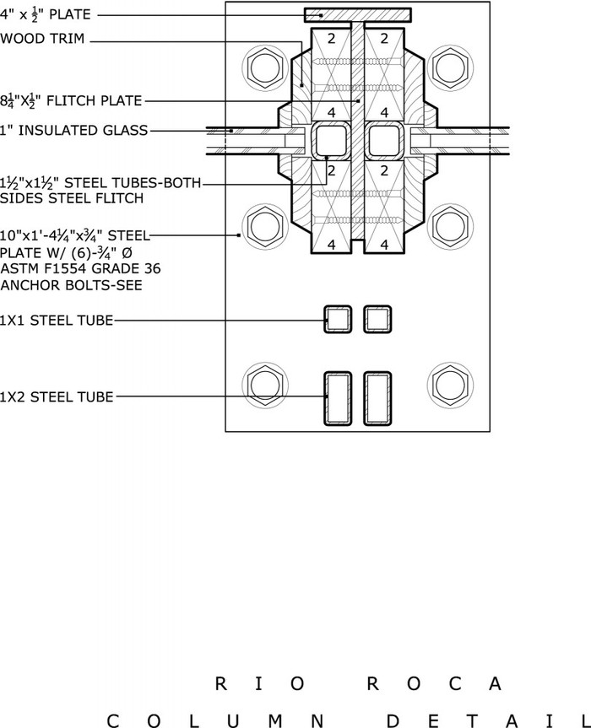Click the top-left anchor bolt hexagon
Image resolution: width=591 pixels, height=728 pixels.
(x=265, y=68)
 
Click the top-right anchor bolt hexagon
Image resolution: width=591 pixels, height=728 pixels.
(x=450, y=68)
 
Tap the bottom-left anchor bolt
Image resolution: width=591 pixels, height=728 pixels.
(x=265, y=386)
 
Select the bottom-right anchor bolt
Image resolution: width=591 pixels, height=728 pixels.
(x=450, y=386)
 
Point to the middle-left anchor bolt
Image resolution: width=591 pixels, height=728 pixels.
(x=265, y=227)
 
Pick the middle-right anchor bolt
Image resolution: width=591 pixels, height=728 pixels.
(x=450, y=227)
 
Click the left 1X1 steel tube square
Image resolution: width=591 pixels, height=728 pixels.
(x=325, y=320)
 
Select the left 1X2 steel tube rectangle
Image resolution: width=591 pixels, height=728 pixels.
(x=325, y=398)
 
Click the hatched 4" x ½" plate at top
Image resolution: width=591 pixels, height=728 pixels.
(x=358, y=15)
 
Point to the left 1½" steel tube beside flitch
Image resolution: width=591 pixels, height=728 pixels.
(x=312, y=141)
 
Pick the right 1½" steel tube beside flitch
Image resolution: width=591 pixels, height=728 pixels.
(x=404, y=141)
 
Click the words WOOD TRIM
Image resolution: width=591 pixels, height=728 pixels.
(x=42, y=38)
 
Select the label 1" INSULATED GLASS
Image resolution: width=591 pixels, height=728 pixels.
(x=74, y=131)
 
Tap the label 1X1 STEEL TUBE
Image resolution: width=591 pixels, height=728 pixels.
(x=57, y=321)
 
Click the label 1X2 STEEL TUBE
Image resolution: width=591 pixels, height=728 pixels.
(x=57, y=397)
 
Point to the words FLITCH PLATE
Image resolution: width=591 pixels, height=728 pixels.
(x=95, y=100)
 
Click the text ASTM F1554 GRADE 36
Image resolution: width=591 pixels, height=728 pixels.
(x=80, y=269)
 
